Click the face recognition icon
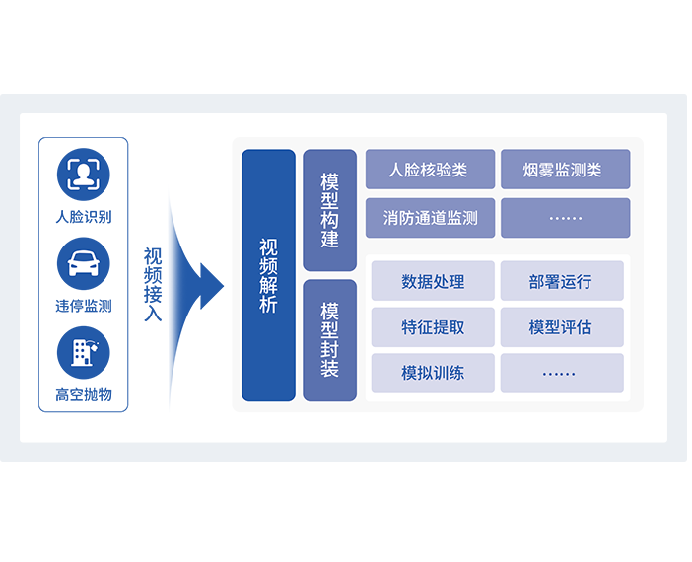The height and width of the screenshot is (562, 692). click(84, 174)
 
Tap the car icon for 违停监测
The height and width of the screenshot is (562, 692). click(84, 263)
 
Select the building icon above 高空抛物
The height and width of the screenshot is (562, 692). click(84, 352)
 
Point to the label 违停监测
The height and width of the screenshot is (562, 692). click(84, 306)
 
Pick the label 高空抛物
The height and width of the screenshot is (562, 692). click(84, 395)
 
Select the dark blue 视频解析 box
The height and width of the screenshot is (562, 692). click(268, 275)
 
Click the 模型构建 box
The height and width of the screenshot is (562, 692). click(329, 210)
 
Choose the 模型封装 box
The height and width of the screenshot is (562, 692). click(329, 339)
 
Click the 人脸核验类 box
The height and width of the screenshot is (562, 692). click(429, 170)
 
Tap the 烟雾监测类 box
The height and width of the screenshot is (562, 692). click(564, 170)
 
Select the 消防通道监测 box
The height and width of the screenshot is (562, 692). click(429, 218)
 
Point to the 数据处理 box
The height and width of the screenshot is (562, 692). click(433, 281)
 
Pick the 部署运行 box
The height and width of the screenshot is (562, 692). click(561, 281)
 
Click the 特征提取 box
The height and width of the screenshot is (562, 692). click(433, 327)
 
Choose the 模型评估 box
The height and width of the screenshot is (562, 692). click(561, 327)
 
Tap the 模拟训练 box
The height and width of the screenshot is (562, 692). click(433, 374)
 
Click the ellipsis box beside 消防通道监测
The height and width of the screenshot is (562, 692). click(564, 218)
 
